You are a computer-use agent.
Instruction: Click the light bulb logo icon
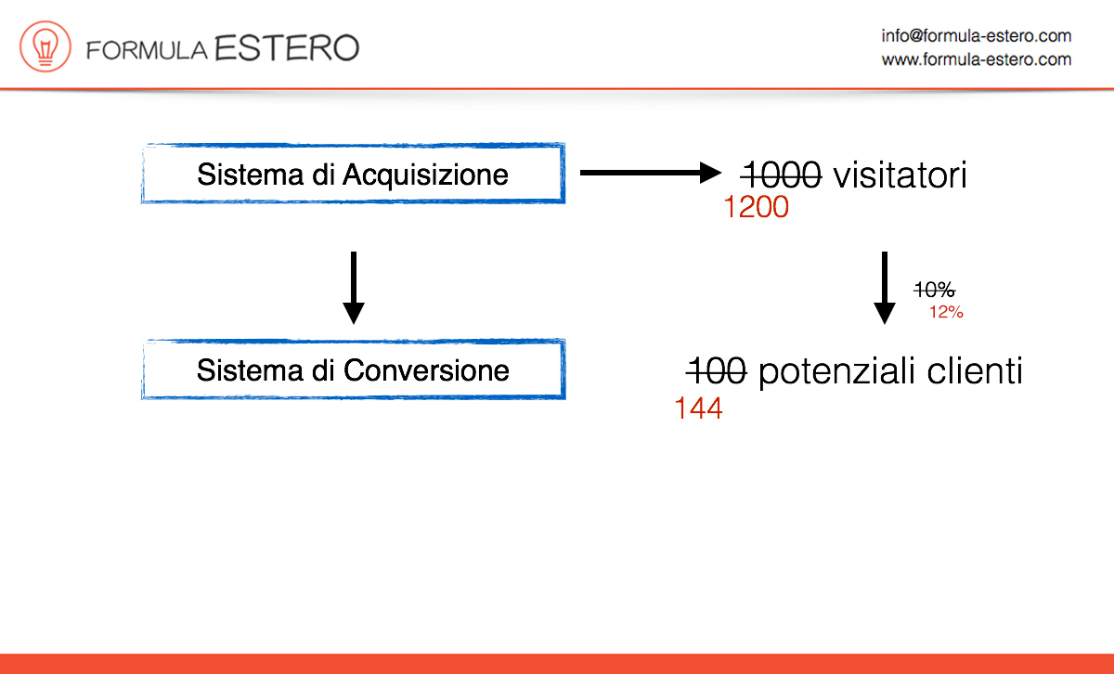pos(45,46)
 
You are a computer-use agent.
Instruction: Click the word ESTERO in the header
pos(287,48)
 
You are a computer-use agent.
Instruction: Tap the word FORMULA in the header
pos(147,51)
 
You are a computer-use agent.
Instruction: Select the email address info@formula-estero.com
pos(977,36)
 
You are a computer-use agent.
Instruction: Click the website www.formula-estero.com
pos(977,59)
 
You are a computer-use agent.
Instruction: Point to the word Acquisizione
pos(425,175)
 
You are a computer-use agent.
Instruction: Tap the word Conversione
pos(426,370)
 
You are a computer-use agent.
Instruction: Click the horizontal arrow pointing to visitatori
pos(651,173)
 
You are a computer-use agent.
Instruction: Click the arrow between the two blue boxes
pos(354,288)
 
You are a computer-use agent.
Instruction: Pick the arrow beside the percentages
pos(884,288)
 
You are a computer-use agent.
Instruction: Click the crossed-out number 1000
pos(781,175)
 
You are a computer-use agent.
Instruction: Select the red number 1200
pos(757,206)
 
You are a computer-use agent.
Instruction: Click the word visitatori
pos(900,175)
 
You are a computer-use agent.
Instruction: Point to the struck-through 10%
pos(935,290)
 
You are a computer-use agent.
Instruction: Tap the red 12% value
pos(946,312)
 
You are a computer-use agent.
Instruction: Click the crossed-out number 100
pos(716,371)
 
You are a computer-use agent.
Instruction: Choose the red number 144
pos(698,408)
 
